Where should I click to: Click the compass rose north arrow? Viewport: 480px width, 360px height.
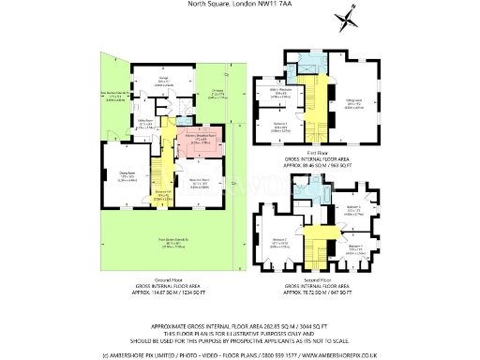tap(349, 14)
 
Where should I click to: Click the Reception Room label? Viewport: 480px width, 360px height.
tap(199, 184)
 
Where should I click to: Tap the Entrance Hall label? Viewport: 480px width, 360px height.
tap(161, 198)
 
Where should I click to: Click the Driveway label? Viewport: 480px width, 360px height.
tap(217, 93)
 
